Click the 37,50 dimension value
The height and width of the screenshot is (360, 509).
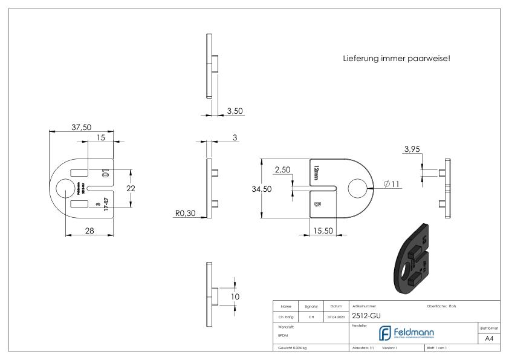[82, 128]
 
